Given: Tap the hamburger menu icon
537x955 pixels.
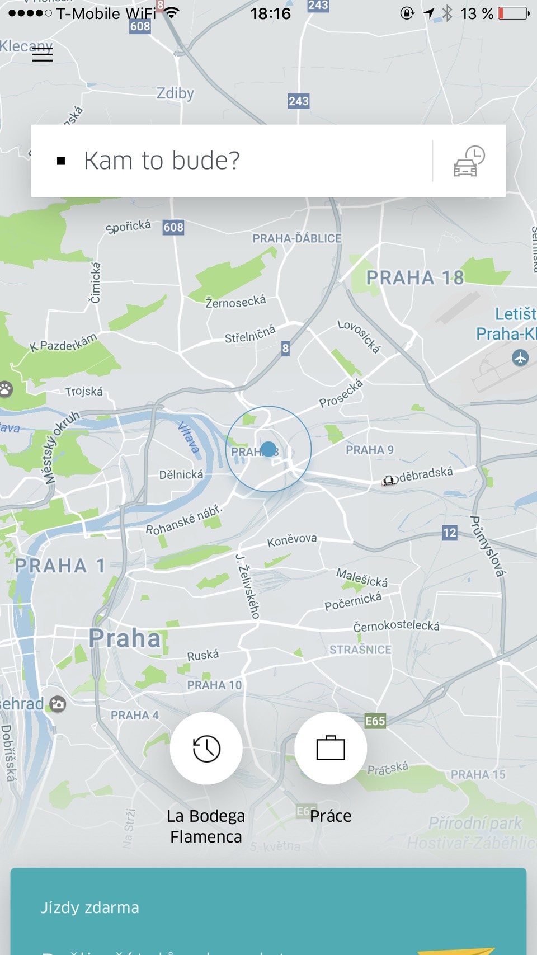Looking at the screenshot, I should coord(42,54).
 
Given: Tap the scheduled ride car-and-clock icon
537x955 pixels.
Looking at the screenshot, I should coord(469,161).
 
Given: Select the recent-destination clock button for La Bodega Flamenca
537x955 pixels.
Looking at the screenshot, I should coord(206,748).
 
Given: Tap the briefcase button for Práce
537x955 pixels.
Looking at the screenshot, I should coord(331,748).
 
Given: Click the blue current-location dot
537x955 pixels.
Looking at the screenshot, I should coord(268,449).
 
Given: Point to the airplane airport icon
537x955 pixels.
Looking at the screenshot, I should coord(520,357).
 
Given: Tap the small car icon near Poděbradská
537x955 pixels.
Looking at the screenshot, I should coord(389,480).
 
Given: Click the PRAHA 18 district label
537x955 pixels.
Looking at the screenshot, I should coord(414,277).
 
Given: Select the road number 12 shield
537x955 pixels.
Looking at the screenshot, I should coord(450,533).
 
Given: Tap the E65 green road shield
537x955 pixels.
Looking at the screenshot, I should coord(375,721).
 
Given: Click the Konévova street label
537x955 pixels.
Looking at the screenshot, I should coord(292,540).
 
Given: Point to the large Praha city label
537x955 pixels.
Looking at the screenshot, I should coord(125,638).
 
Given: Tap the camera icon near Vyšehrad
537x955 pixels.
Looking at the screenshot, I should coord(58,704).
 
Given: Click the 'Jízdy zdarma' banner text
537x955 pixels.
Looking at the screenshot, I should coord(89,907).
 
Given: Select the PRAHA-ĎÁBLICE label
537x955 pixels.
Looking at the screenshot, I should coord(296,238).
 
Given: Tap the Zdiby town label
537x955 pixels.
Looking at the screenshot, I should coord(175,93).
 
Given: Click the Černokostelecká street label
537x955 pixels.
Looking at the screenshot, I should coord(396,626).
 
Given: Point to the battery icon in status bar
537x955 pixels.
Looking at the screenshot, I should coord(513,13).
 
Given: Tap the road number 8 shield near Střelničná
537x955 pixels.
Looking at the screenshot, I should coord(285,349).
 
